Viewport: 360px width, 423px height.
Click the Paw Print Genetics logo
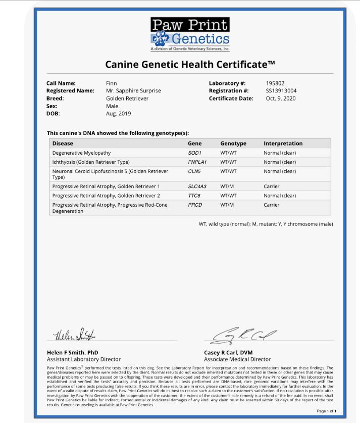pyautogui.click(x=190, y=34)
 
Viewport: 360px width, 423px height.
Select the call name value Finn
pyautogui.click(x=111, y=83)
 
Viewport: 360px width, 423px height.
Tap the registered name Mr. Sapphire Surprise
pyautogui.click(x=133, y=90)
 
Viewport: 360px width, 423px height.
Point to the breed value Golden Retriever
pyautogui.click(x=127, y=99)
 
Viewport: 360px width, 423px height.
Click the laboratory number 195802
pyautogui.click(x=276, y=83)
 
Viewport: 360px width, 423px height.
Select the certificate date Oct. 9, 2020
pyautogui.click(x=280, y=99)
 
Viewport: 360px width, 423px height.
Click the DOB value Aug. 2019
pyautogui.click(x=118, y=114)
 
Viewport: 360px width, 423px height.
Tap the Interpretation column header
pyautogui.click(x=283, y=144)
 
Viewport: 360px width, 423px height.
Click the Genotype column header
pyautogui.click(x=233, y=144)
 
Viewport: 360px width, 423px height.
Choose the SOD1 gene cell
pyautogui.click(x=194, y=153)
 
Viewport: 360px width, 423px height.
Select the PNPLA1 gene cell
pyautogui.click(x=197, y=162)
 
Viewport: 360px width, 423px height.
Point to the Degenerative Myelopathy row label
pyautogui.click(x=81, y=153)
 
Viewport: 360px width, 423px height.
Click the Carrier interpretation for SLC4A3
pyautogui.click(x=272, y=186)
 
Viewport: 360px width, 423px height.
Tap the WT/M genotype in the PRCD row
pyautogui.click(x=227, y=205)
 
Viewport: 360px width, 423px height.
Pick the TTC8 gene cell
pyautogui.click(x=194, y=196)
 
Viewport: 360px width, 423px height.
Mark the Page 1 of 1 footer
pyautogui.click(x=326, y=411)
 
